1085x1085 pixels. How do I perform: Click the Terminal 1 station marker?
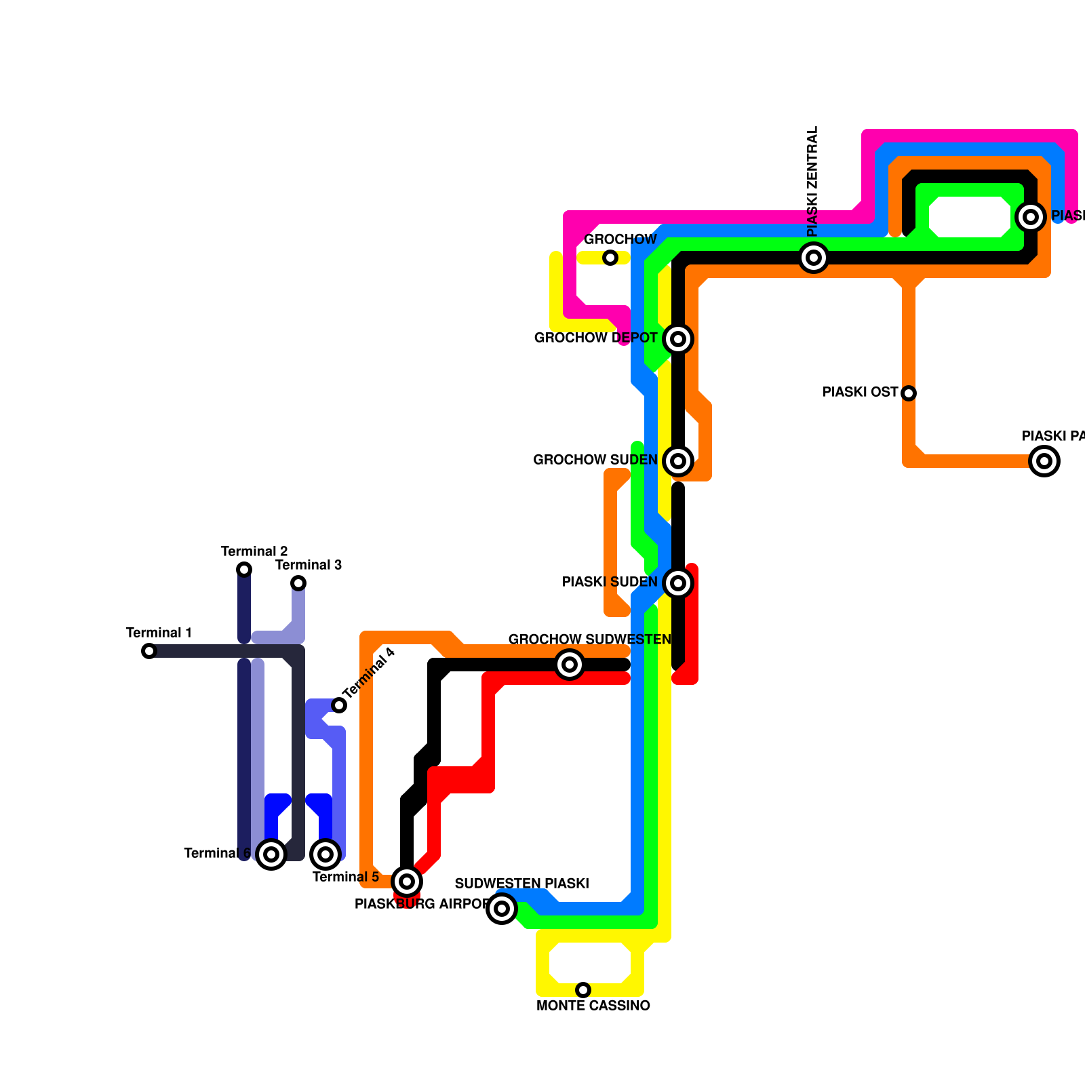pos(149,651)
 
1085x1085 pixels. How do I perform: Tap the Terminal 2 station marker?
pos(244,570)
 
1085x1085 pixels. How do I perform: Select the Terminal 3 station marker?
pos(298,583)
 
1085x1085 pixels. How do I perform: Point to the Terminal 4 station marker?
pos(339,705)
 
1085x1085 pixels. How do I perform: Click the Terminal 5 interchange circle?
pos(325,854)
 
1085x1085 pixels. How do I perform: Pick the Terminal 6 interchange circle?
pos(271,854)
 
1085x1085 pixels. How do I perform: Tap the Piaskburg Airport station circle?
pos(407,882)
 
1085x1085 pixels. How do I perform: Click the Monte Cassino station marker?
pos(583,990)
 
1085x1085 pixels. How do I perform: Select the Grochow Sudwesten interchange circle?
pos(570,665)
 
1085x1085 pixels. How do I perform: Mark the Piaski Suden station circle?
pos(678,583)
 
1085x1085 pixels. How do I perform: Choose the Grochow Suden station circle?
pos(678,461)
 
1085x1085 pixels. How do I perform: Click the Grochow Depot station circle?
pos(678,339)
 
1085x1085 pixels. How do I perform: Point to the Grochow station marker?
pos(610,258)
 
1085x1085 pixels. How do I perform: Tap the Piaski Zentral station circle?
pos(814,258)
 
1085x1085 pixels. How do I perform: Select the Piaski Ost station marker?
pos(909,393)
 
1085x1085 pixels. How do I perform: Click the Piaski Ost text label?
pos(860,393)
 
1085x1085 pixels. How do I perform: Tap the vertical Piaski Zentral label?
pos(813,181)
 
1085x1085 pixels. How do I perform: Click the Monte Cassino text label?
pos(593,1006)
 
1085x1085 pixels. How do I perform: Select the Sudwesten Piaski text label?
pos(521,884)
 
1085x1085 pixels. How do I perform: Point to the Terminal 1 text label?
pos(159,633)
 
